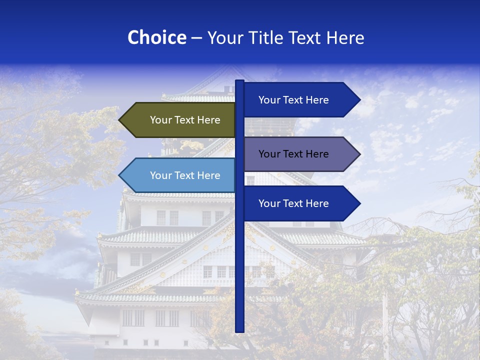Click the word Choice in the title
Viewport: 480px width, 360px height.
click(x=156, y=37)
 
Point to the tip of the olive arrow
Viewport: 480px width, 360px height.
click(x=120, y=120)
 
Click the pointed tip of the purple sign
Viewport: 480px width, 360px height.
click(x=359, y=154)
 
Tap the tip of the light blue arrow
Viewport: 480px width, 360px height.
click(x=120, y=175)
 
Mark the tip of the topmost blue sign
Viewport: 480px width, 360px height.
click(x=359, y=100)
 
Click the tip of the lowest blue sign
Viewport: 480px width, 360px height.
click(x=359, y=203)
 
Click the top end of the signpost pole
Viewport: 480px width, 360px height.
click(x=239, y=81)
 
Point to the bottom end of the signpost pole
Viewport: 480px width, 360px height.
click(x=239, y=330)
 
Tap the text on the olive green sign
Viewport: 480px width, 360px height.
click(x=185, y=120)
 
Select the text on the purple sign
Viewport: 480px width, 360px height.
click(x=293, y=154)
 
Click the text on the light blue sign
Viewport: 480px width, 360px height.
click(x=185, y=175)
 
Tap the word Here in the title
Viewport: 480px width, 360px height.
click(x=345, y=37)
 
